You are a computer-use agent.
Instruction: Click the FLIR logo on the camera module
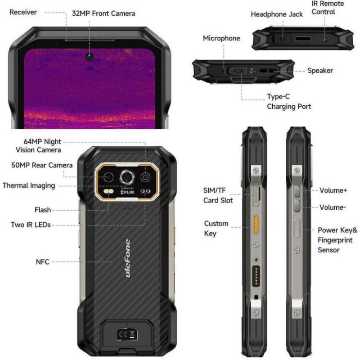127,192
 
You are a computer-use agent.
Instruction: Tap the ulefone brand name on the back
128,258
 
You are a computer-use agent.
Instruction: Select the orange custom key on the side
256,225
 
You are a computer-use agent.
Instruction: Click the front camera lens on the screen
90,56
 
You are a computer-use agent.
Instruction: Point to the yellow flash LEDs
108,191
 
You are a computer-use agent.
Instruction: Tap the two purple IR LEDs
145,191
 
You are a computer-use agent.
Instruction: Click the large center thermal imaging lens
127,177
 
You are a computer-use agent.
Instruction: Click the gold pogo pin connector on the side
256,276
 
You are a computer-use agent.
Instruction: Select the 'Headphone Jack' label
277,14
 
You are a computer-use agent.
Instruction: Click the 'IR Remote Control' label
328,8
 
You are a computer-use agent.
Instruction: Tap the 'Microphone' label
221,38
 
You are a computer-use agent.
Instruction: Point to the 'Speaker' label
320,71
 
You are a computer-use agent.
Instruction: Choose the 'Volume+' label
333,190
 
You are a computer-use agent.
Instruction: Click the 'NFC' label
43,262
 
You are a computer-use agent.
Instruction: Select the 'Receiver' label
23,12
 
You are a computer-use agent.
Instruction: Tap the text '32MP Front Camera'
103,13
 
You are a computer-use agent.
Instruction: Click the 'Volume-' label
333,207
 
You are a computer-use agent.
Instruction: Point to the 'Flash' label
43,210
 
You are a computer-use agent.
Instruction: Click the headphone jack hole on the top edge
283,39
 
